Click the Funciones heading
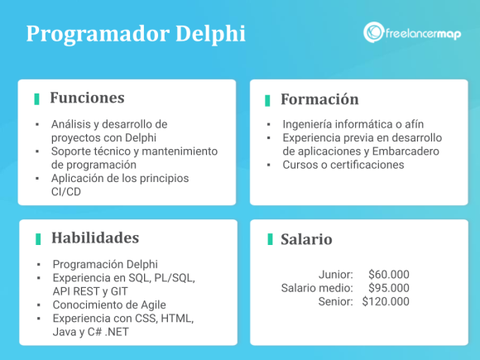(x=87, y=98)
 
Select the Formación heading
(x=319, y=99)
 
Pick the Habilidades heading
(x=95, y=238)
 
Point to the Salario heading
(x=306, y=239)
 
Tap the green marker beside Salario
(x=270, y=239)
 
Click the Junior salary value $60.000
(x=388, y=274)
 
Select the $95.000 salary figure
(x=388, y=288)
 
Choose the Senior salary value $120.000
(x=385, y=301)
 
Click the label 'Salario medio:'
(x=317, y=288)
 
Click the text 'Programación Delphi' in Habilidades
(x=104, y=264)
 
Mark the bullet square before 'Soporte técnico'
(x=37, y=151)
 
